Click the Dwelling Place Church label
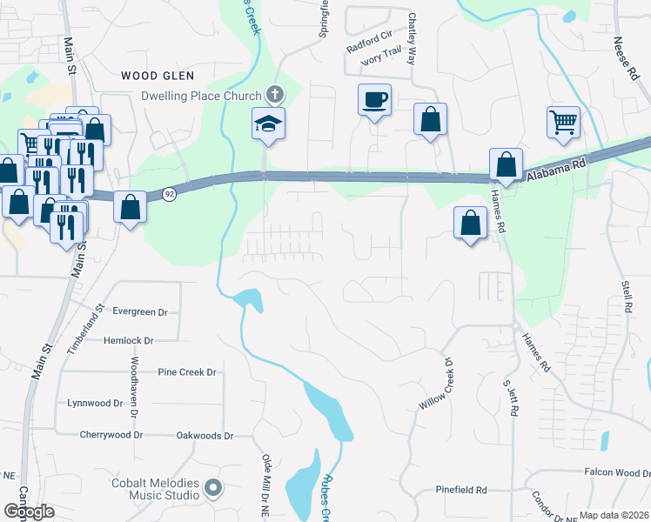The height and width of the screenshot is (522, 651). pos(202,96)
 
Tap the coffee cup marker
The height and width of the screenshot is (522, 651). pos(374,100)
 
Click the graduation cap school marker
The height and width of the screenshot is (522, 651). pos(269,124)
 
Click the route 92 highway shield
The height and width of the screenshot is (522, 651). pos(170,195)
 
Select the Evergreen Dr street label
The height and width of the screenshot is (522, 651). pos(138,311)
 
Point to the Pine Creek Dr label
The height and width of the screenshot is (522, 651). pos(186,371)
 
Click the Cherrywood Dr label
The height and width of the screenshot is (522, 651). pos(111,435)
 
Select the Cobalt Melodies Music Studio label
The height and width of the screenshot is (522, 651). pos(153,490)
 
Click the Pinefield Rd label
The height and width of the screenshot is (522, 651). pos(461,491)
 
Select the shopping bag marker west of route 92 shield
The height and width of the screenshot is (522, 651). pos(131,207)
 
